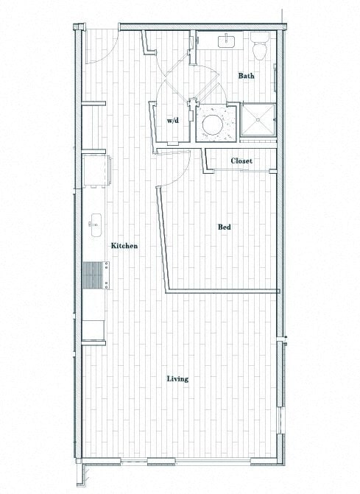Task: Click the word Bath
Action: point(246,76)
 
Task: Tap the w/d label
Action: point(173,120)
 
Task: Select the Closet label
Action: point(241,160)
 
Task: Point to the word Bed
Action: point(225,227)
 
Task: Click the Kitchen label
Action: point(124,246)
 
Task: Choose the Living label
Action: point(177,379)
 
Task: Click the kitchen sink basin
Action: point(96,222)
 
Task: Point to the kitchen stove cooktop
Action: point(93,278)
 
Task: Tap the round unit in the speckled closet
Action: point(215,122)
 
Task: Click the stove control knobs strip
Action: point(107,279)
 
